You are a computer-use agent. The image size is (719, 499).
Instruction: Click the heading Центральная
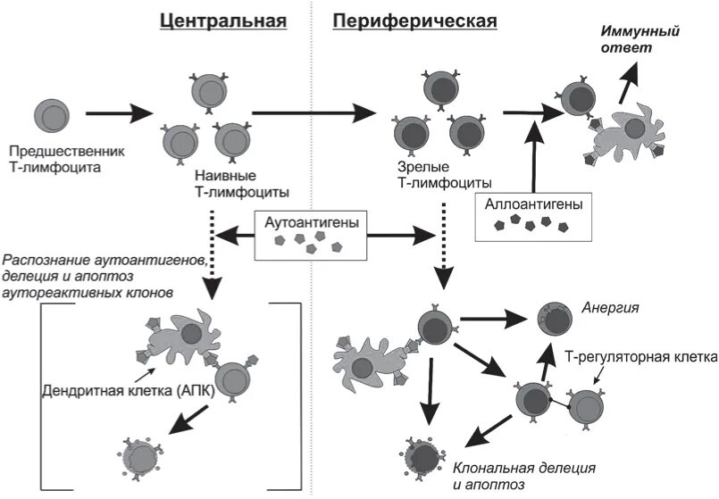pos(223,21)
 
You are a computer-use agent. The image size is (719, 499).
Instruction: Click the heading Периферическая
pos(414,21)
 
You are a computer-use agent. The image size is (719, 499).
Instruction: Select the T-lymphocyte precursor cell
pos(50,114)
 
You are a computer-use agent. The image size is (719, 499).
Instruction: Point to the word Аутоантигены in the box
pos(311,220)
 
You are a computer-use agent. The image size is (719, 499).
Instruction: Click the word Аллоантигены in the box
pos(533,204)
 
